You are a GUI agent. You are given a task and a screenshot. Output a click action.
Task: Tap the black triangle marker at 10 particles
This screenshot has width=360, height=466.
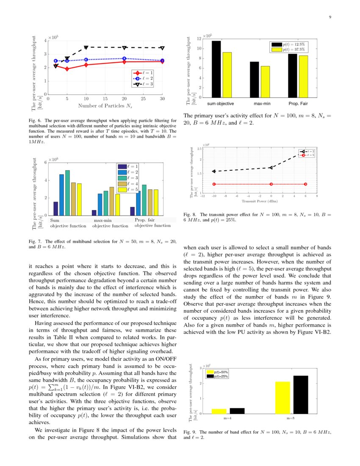point(86,47)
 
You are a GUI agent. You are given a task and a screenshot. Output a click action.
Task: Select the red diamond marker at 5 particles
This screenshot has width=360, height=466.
point(67,69)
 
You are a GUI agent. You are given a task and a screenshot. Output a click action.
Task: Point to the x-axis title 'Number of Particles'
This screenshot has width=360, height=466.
point(105,105)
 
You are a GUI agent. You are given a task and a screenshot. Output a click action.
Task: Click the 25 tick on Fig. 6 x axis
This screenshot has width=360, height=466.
point(143,99)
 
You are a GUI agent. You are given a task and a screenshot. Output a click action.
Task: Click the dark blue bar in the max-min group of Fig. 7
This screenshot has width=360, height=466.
point(94,213)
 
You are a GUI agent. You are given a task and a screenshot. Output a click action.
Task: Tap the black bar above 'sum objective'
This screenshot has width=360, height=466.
point(216,69)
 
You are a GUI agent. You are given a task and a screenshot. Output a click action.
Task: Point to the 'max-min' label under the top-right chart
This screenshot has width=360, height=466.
point(262,103)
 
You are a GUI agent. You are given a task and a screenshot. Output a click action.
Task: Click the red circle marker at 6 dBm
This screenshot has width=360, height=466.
point(305,184)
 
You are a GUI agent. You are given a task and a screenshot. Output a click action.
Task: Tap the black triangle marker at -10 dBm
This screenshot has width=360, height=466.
point(214,171)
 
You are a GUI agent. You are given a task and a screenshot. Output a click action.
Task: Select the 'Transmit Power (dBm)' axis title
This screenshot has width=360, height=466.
point(260,202)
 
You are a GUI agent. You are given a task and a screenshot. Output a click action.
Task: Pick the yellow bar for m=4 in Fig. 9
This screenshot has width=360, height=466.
point(219,411)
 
